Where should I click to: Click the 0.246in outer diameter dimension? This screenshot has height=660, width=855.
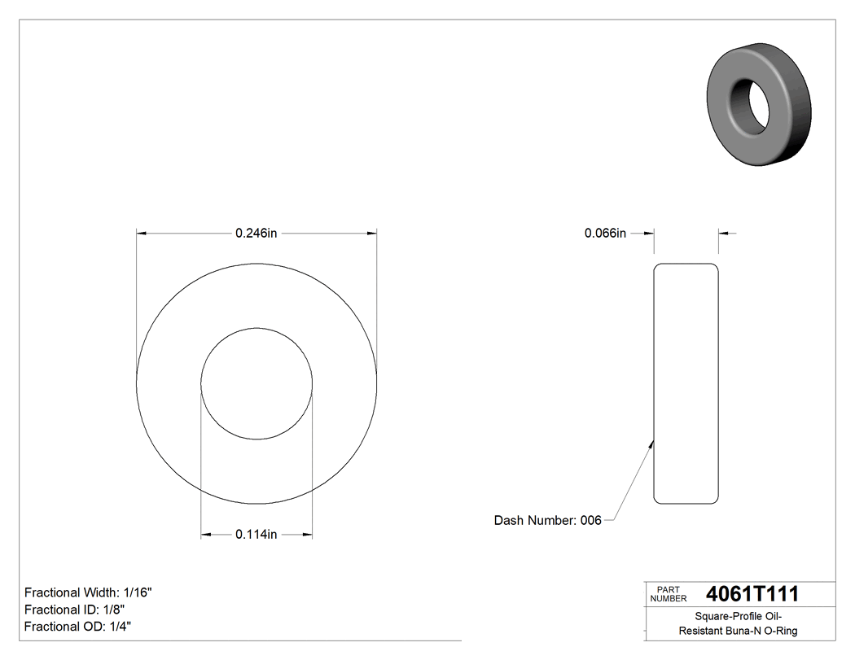click(256, 234)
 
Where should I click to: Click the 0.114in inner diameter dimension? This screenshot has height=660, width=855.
click(256, 535)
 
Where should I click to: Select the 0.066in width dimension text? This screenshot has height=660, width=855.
click(605, 234)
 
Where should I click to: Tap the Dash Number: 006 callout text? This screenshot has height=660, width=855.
click(547, 521)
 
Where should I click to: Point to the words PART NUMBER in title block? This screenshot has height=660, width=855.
click(669, 594)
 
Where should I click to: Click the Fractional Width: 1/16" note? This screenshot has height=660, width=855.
click(88, 592)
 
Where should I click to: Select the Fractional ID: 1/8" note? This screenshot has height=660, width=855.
click(74, 610)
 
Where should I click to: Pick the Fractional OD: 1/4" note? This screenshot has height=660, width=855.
click(77, 627)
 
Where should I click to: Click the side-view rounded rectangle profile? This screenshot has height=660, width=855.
click(686, 383)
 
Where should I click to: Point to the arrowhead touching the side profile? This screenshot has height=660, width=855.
click(651, 444)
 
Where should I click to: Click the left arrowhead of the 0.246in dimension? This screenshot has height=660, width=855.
click(141, 234)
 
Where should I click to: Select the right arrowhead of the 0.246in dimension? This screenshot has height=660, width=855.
click(372, 234)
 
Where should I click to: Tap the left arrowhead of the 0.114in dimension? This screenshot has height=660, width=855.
click(206, 535)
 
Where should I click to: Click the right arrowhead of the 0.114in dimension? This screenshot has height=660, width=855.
click(308, 535)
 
